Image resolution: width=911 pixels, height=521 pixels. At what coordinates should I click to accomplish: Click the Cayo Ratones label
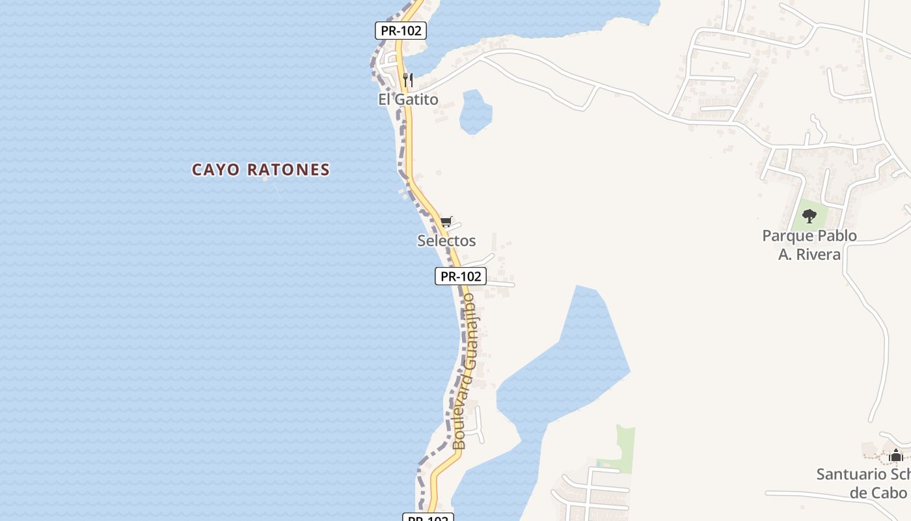(x=260, y=170)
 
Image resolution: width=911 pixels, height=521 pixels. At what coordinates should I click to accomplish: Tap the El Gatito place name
(x=408, y=99)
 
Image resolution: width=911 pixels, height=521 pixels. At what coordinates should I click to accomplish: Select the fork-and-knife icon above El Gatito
(x=408, y=80)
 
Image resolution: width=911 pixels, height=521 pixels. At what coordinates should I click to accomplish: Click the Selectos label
(x=446, y=240)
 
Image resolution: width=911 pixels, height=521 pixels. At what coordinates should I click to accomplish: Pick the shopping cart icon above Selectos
(x=446, y=222)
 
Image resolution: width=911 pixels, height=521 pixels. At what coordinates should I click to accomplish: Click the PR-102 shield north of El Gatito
(x=400, y=31)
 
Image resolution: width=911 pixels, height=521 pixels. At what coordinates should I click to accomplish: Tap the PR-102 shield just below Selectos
(x=461, y=276)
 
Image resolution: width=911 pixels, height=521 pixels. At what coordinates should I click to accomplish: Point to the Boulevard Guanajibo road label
(x=467, y=371)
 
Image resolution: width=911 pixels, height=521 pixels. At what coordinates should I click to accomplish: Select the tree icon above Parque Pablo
(x=809, y=216)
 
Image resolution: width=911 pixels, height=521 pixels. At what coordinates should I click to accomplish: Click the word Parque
(x=787, y=235)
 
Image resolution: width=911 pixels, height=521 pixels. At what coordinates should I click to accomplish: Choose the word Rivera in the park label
(x=818, y=254)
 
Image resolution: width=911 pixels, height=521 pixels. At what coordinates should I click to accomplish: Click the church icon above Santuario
(x=896, y=455)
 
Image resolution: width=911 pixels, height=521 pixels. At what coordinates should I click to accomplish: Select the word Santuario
(x=851, y=474)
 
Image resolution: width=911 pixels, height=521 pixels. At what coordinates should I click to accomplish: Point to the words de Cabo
(x=878, y=492)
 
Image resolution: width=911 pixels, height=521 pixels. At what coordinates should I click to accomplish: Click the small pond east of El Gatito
(x=476, y=113)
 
